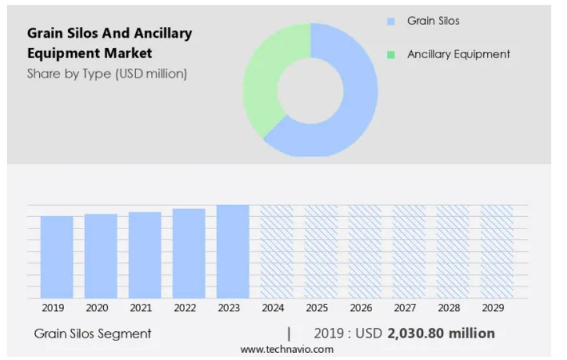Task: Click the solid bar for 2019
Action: tap(57, 257)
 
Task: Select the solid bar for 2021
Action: tap(145, 255)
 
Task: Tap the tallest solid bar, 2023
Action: tap(233, 251)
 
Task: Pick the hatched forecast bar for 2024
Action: tap(277, 251)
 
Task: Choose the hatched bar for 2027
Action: tap(409, 251)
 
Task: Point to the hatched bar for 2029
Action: tap(497, 251)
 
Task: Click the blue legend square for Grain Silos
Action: tap(391, 22)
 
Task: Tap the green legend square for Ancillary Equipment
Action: tap(391, 55)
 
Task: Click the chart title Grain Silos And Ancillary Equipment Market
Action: tap(109, 43)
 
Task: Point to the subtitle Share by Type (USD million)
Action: tap(107, 74)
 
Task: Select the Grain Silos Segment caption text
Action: tap(92, 333)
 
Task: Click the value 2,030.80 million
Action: tap(441, 333)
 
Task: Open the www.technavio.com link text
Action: tap(286, 350)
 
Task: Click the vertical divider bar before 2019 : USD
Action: tap(289, 333)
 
